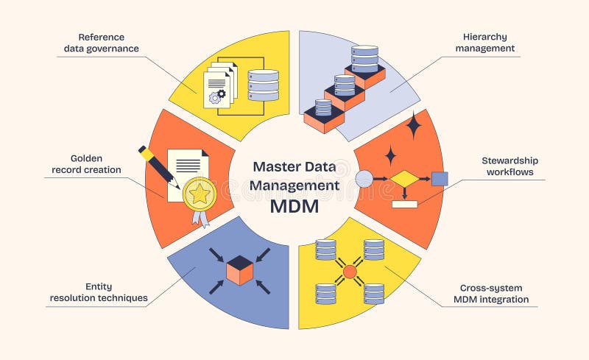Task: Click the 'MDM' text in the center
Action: point(294,207)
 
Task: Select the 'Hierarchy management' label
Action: point(484,42)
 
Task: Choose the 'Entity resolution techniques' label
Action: point(99,292)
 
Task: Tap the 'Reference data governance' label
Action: point(107,42)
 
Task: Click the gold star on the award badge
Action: point(199,194)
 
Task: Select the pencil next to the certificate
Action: point(156,166)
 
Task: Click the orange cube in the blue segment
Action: point(239,270)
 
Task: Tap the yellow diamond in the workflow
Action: point(403,179)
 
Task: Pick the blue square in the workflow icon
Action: point(440,178)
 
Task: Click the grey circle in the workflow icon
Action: point(364,178)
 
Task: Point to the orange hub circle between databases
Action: point(350,272)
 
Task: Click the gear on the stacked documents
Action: point(216,96)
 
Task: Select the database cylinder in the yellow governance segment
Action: point(264,85)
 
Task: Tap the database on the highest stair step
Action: point(364,59)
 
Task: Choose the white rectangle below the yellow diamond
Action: point(405,204)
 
